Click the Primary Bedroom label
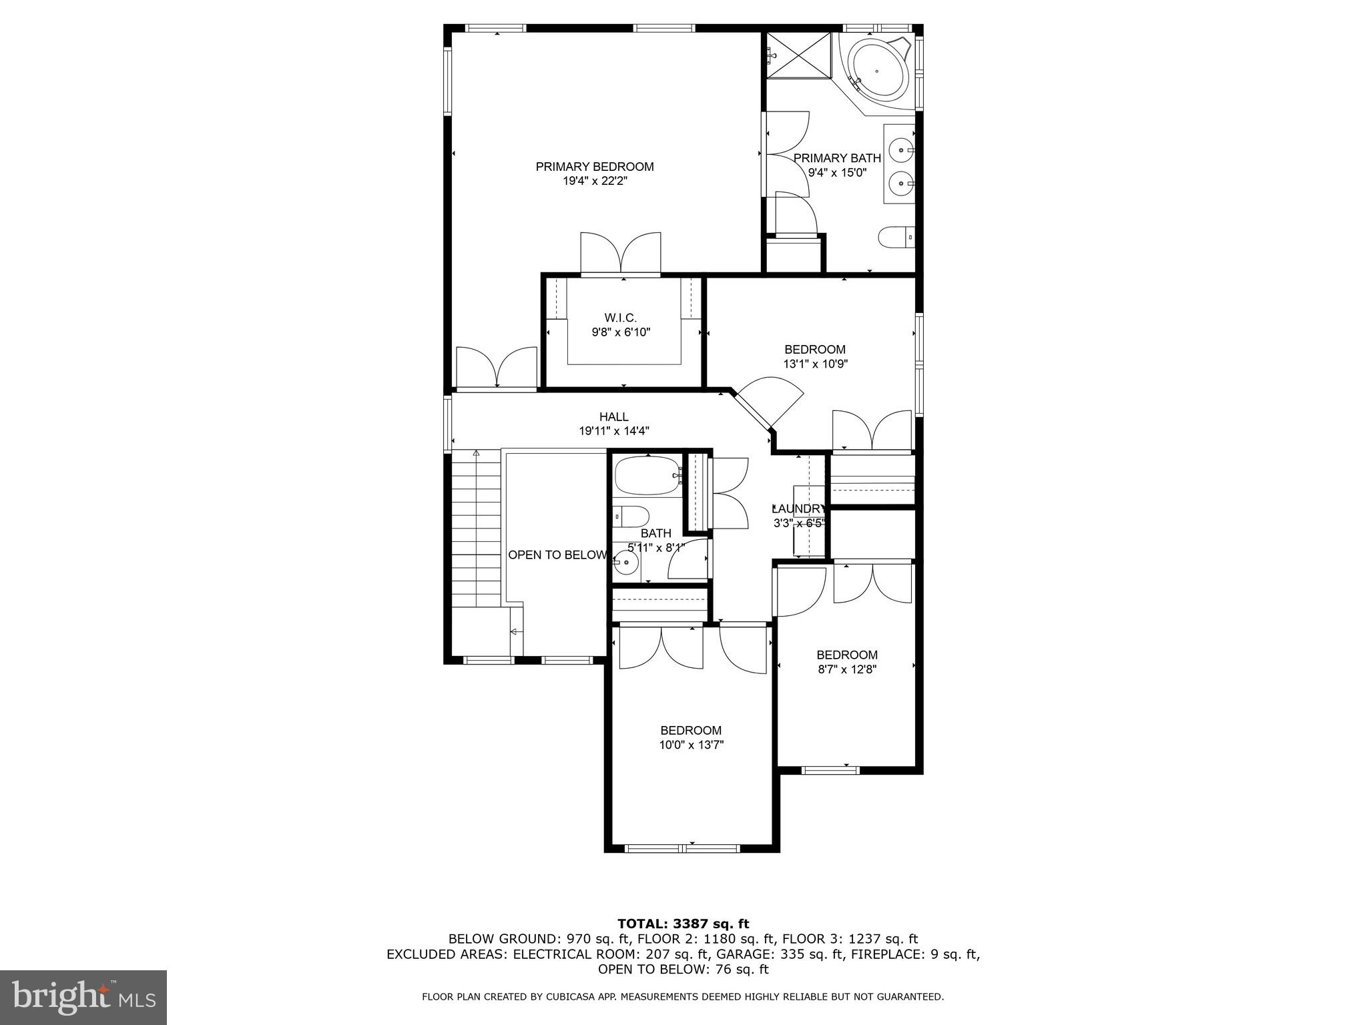[594, 166]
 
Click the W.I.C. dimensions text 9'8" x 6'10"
[621, 332]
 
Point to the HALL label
[613, 417]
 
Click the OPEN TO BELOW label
[557, 555]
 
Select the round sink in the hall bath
[626, 563]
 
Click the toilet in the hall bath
[631, 516]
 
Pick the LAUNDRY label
[799, 508]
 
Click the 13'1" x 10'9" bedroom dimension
[815, 364]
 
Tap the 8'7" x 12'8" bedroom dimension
[847, 669]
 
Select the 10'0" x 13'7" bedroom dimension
[691, 745]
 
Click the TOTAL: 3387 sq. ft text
[683, 924]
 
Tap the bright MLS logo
[83, 998]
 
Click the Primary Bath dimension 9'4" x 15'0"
[837, 172]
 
